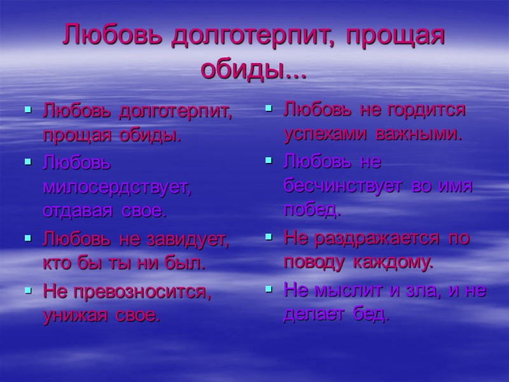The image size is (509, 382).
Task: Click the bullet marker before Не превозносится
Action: pyautogui.click(x=27, y=291)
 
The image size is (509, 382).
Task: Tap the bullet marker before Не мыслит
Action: pyautogui.click(x=269, y=290)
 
